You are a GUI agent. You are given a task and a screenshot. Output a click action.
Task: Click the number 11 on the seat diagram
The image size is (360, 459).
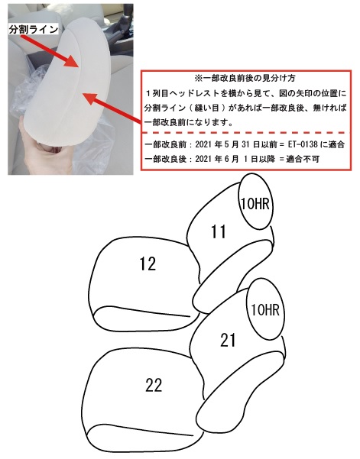(x=219, y=232)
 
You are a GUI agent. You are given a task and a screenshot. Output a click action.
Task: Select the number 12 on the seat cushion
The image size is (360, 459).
(x=148, y=263)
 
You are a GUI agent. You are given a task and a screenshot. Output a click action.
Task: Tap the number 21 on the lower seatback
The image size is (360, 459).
(x=228, y=340)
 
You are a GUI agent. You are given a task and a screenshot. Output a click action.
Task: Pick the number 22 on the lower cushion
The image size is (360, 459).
(x=154, y=385)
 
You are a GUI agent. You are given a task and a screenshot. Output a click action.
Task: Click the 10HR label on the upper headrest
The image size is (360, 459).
(x=255, y=203)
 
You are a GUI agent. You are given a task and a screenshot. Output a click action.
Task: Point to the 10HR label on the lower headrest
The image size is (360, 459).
(x=265, y=309)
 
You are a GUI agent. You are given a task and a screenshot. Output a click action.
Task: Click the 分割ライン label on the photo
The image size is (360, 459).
(x=33, y=29)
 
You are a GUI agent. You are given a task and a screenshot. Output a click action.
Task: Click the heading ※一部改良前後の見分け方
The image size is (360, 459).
(x=245, y=79)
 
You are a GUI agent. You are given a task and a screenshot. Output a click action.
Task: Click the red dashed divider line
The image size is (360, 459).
(x=246, y=133)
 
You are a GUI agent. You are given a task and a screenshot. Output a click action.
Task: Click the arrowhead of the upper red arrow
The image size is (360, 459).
(x=73, y=61)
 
